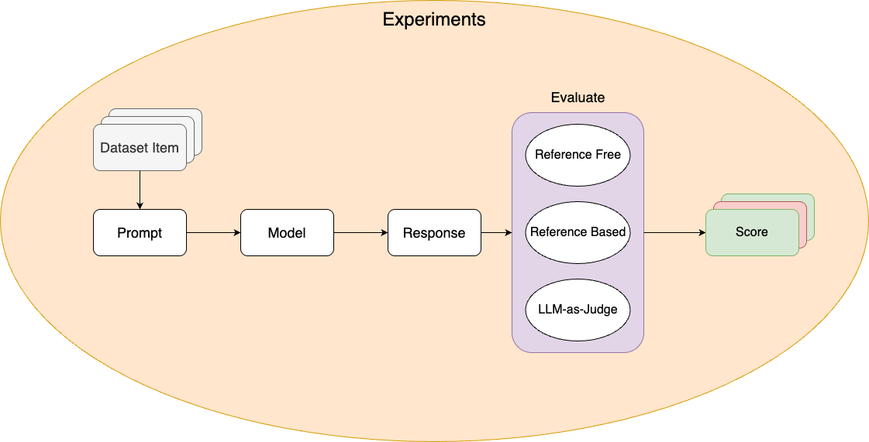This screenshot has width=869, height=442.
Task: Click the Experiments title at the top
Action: [434, 20]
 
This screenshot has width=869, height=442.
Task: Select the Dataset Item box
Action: [140, 147]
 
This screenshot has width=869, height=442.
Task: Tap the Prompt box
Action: [140, 232]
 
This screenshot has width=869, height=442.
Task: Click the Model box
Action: [287, 232]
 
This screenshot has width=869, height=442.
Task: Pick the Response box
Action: [434, 232]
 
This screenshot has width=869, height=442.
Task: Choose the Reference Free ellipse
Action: [578, 155]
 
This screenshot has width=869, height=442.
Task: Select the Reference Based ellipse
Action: [578, 232]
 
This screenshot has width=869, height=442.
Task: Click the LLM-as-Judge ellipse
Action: [578, 310]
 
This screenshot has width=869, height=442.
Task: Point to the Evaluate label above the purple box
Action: [578, 98]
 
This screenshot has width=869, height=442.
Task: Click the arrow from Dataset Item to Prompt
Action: [140, 190]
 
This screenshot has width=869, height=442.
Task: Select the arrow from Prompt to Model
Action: [213, 232]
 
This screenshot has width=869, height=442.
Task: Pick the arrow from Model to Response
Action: [360, 232]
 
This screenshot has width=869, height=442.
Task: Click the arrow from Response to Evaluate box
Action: [496, 232]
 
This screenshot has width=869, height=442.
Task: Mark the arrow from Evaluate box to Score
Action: [674, 232]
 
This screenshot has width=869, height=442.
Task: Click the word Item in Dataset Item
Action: [164, 148]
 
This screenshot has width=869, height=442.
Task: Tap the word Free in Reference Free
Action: [608, 155]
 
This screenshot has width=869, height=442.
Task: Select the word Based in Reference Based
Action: [609, 232]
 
